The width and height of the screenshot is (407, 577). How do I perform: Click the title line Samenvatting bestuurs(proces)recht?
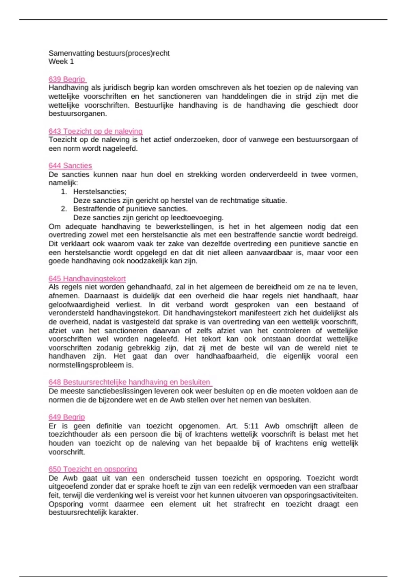(109, 53)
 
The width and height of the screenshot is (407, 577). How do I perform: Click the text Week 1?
(61, 61)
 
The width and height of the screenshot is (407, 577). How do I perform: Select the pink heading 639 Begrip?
(67, 79)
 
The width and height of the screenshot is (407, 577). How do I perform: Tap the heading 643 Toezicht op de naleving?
(95, 131)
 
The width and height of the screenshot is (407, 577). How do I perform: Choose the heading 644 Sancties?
(70, 166)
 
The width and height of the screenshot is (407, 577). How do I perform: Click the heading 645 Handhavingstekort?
(87, 279)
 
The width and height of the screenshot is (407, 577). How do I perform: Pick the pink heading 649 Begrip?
(67, 417)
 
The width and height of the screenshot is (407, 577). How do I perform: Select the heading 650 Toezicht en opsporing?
(93, 469)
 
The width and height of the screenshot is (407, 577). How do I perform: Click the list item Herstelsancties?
(100, 192)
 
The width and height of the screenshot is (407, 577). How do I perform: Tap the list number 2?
(64, 209)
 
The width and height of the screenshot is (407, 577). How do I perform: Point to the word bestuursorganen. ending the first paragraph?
(78, 114)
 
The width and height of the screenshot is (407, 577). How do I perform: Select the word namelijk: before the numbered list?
(63, 183)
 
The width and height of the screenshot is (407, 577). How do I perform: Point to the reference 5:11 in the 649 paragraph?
(251, 426)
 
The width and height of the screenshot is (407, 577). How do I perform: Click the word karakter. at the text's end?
(123, 513)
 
